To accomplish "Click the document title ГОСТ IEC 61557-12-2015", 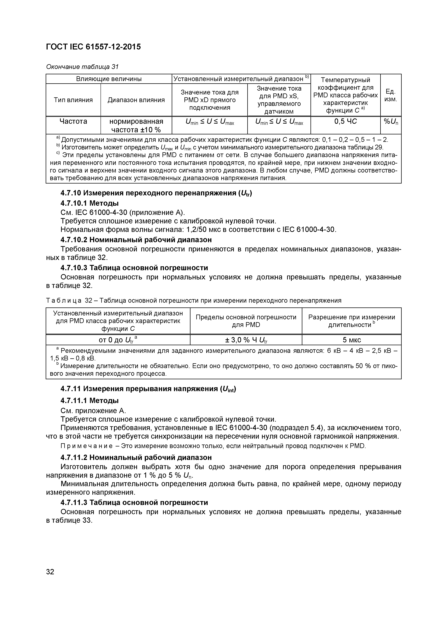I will (x=93, y=47).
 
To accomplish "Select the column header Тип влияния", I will (x=73, y=100).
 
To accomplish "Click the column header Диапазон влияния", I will (x=136, y=100).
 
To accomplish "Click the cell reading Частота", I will (x=73, y=121).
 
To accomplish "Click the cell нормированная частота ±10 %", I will (x=136, y=125).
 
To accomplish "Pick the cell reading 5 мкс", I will (x=351, y=340).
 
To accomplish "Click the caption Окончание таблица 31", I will (x=82, y=67).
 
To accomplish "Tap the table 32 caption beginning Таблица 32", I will (x=193, y=300).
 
